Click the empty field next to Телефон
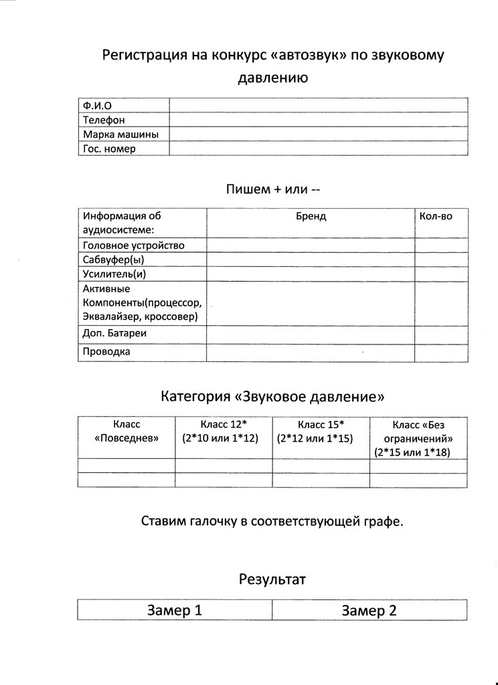point(318,120)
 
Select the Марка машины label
point(120,134)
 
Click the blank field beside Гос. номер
point(318,149)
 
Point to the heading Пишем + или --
point(274,189)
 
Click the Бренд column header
point(311,216)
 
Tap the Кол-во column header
point(435,216)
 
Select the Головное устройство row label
point(133,245)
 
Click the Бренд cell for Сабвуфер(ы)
point(311,260)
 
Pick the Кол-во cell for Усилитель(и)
point(440,274)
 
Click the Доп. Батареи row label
point(114,332)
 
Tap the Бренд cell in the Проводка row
point(311,351)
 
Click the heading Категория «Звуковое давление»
point(272,396)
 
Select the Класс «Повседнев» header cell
point(127,431)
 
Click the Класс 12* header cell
point(224,431)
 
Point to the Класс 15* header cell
point(321,431)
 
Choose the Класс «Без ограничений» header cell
point(418,438)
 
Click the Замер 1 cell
point(174,610)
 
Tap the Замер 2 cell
point(369,610)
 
